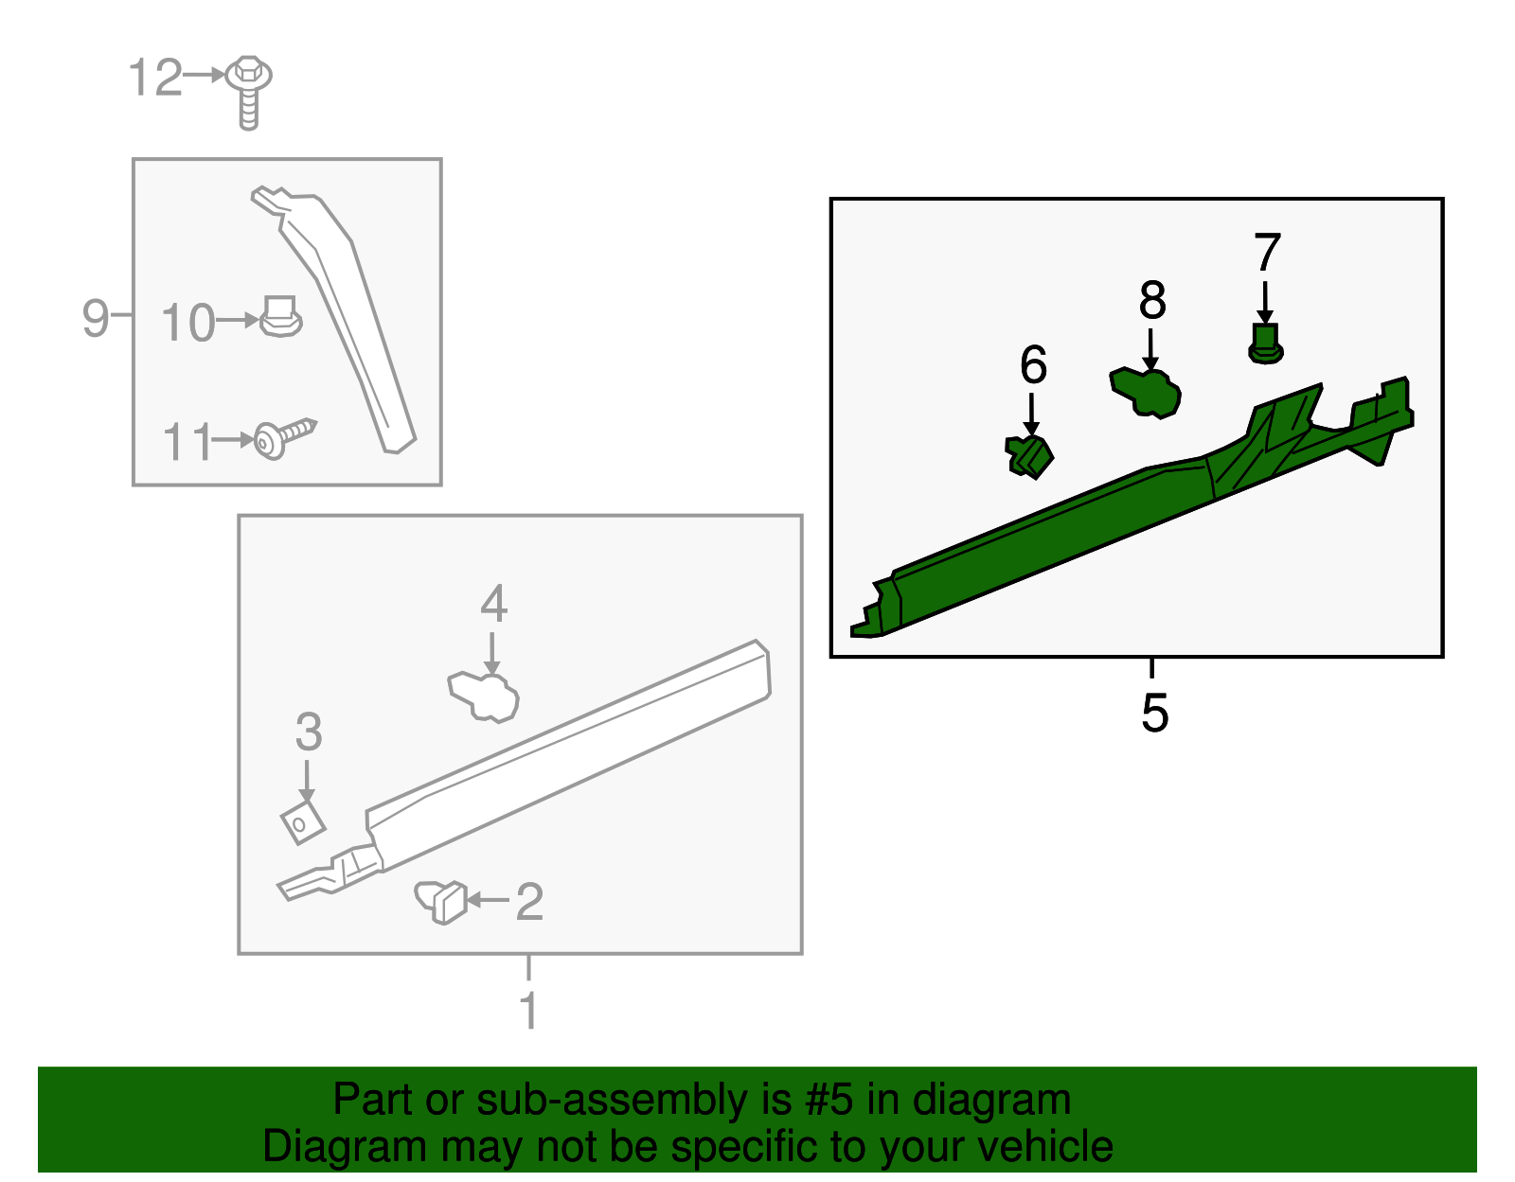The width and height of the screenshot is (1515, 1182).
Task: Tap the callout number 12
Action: pos(155,77)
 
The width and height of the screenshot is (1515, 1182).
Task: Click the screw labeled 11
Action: pos(284,438)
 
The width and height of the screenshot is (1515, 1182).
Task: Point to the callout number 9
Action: pos(96,318)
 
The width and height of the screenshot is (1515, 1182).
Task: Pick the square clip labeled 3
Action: pos(303,821)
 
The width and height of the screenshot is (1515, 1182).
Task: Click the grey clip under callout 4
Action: pos(483,697)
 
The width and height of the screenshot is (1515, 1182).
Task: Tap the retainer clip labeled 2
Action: pos(440,902)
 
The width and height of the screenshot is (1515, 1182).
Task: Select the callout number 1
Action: pos(529,1009)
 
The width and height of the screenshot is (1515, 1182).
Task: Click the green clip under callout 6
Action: pos(1029,457)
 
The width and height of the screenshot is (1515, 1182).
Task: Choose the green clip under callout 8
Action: pos(1145,394)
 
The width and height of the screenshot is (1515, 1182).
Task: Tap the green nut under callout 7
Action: pos(1265,344)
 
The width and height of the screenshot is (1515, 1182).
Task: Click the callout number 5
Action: pos(1154,713)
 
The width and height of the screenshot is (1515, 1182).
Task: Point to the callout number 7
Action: pos(1267,252)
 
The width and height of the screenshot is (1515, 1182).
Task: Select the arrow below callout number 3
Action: pos(307,782)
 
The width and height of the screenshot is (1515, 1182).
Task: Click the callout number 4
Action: pos(493,604)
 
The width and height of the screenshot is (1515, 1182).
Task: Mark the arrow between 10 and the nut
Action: pos(238,321)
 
